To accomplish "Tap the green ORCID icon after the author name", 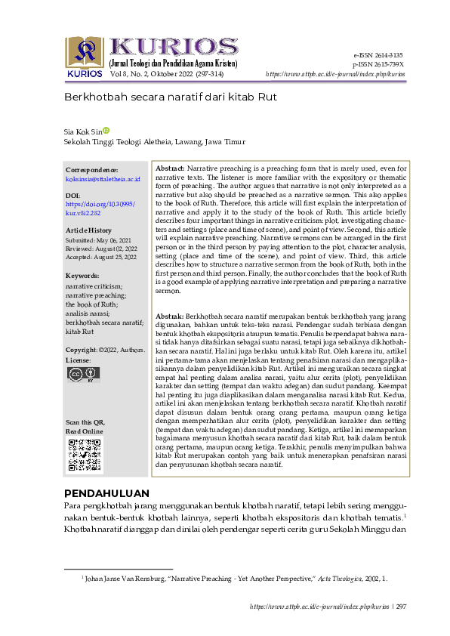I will (x=106, y=130).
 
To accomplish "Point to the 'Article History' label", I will (x=88, y=230).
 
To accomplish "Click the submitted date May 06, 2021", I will (x=97, y=239).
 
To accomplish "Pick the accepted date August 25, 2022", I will (x=101, y=257).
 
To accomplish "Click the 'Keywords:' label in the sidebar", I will (x=82, y=276).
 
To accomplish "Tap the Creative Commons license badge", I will (x=84, y=374).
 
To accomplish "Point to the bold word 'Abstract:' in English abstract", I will (x=170, y=167).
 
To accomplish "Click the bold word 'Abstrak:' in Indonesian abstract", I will (x=169, y=315).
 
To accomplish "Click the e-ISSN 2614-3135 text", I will (x=378, y=56).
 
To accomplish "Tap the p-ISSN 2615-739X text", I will (x=377, y=65).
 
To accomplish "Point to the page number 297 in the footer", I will (x=401, y=607).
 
